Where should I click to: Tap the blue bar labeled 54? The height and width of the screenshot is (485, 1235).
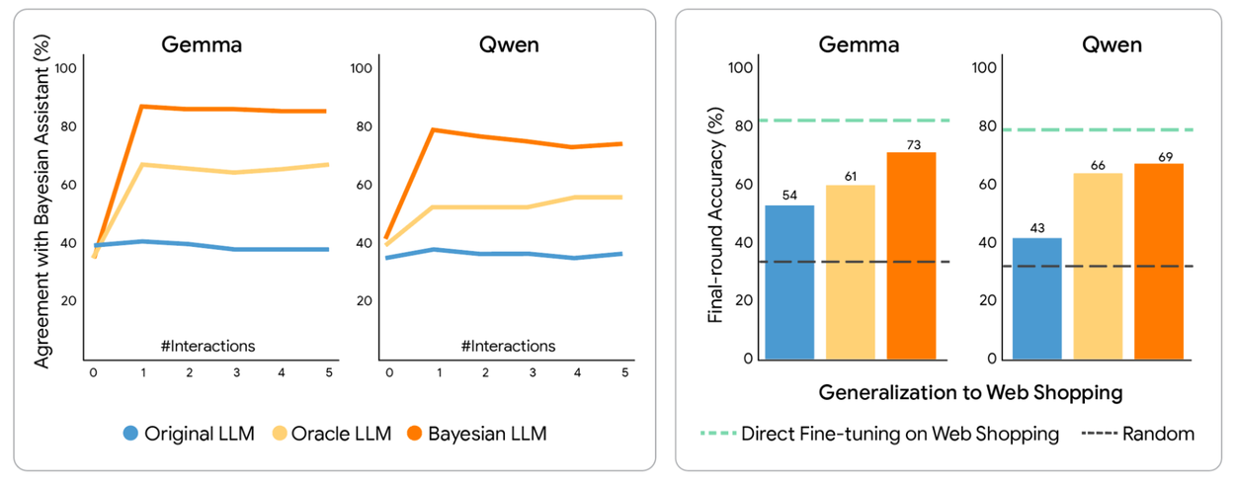coord(790,283)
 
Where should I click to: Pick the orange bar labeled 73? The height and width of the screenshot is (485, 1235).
coord(911,256)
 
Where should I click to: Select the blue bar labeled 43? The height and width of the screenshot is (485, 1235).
coord(1036,298)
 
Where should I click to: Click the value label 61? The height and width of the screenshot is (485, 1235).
coord(851,177)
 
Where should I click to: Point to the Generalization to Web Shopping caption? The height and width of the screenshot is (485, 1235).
coord(970,392)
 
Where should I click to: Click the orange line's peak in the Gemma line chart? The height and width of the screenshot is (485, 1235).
coord(144,106)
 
